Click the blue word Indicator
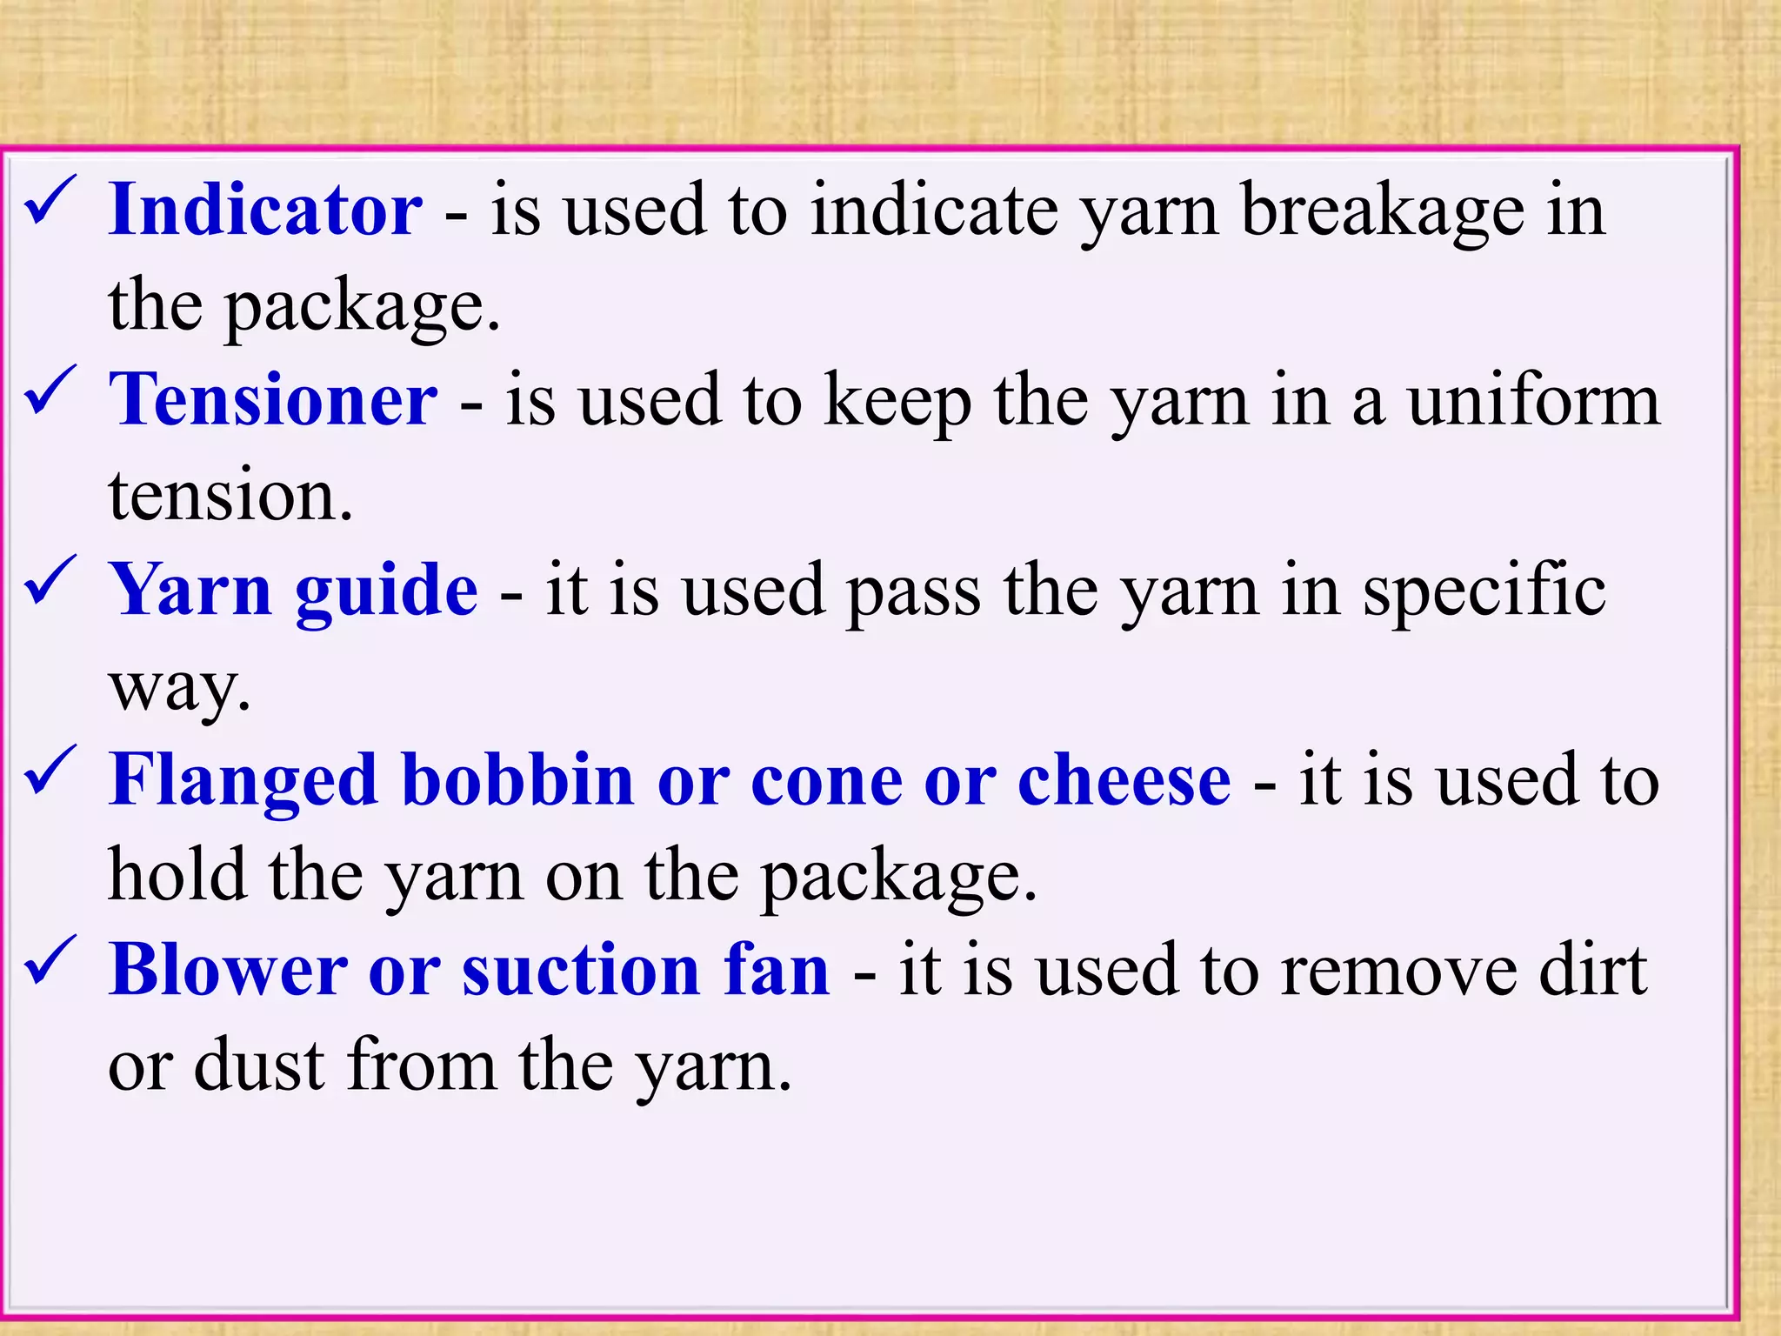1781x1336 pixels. (x=265, y=210)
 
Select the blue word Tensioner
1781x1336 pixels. (x=273, y=400)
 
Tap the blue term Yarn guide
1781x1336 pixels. (x=293, y=591)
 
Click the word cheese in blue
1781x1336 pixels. (x=1124, y=780)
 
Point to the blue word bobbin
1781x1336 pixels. (x=518, y=780)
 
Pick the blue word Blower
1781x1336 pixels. (x=228, y=970)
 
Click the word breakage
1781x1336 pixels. (x=1383, y=212)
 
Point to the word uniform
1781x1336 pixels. (x=1534, y=402)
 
